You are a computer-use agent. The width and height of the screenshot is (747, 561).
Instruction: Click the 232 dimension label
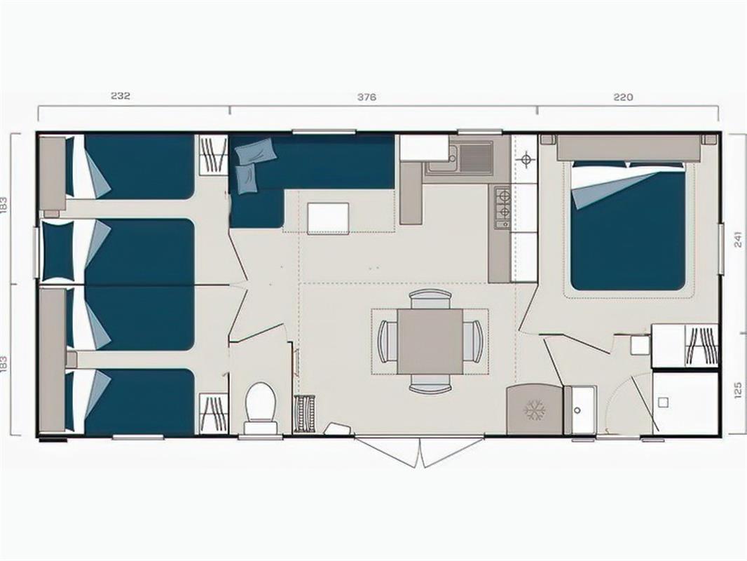121,95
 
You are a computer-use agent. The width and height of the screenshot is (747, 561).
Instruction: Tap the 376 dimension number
366,97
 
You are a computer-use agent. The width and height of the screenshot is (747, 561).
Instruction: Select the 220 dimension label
623,97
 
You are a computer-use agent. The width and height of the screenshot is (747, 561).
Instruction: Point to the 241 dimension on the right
738,239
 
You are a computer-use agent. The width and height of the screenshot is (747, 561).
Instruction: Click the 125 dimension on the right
738,389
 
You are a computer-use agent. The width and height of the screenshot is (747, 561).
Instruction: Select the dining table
430,341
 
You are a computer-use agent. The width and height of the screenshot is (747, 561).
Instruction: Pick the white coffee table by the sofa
328,217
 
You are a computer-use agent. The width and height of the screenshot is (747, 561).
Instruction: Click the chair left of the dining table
388,341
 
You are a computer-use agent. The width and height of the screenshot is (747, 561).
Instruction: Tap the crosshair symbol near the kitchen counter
526,159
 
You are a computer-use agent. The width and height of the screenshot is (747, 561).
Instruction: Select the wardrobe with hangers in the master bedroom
701,345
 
